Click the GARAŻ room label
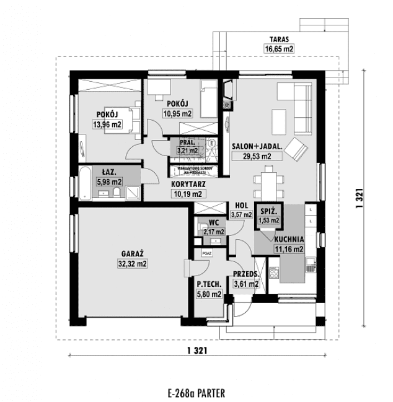pos(133,253)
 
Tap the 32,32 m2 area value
pos(133,263)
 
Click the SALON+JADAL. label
pos(258,147)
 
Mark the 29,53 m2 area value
pos(258,157)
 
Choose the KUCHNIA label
pos(289,238)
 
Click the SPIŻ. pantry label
pos(268,211)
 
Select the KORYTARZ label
pos(188,184)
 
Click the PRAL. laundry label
pos(187,141)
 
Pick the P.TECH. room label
pos(209,284)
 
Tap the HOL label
pos(242,206)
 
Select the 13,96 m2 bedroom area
pos(107,125)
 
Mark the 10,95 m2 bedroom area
pos(178,113)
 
